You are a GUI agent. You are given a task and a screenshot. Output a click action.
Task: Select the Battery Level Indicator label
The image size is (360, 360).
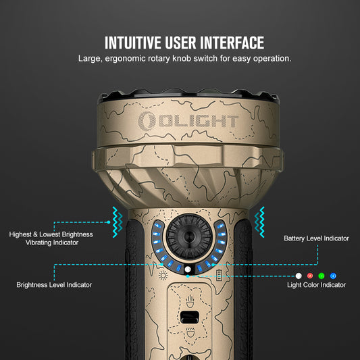316,238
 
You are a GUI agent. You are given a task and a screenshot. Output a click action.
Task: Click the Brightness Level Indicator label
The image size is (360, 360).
54,285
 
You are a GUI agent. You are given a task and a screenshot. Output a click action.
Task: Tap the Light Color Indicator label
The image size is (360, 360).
316,285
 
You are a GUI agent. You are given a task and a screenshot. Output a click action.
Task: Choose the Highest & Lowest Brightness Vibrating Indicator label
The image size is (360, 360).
51,238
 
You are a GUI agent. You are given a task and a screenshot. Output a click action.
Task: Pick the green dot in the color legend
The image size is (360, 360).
322,276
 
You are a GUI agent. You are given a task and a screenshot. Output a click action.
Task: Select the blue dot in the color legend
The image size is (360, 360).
333,276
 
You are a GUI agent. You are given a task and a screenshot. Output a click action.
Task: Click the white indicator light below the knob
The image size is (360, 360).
187,271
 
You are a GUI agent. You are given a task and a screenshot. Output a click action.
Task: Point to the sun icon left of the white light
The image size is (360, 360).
163,275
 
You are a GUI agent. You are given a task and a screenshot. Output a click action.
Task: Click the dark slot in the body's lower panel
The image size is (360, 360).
190,317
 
